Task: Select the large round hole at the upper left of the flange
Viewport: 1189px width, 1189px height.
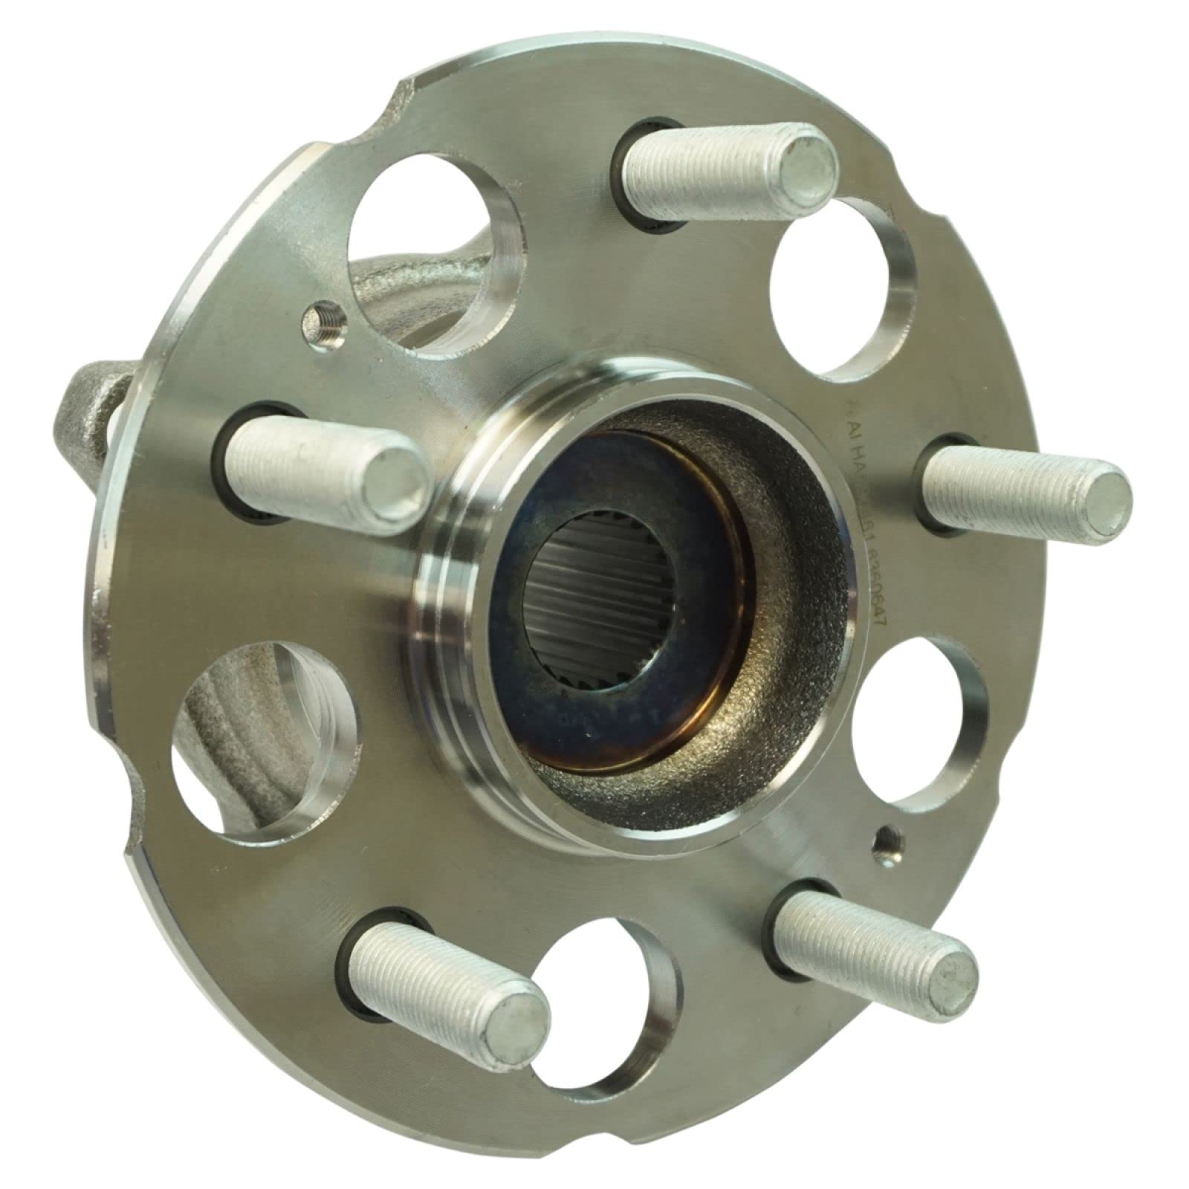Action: [427, 238]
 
